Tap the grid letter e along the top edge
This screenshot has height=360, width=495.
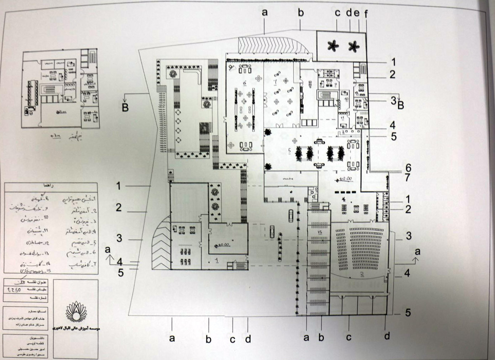coord(357,13)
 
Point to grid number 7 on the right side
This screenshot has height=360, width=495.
coord(408,177)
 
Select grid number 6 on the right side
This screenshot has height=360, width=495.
coord(408,168)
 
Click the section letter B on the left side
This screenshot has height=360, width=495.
coord(125,107)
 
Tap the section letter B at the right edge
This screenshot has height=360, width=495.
coord(401,105)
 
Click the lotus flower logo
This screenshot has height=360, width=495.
coord(75,311)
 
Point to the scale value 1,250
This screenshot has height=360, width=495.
coord(14,290)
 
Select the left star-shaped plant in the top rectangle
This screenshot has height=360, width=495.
coord(333,45)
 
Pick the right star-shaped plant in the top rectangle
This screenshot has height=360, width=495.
coord(354,46)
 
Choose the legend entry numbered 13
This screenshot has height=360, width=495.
coord(30,253)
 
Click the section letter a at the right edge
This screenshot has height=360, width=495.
coord(417,252)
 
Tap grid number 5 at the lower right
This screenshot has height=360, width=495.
coord(408,313)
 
